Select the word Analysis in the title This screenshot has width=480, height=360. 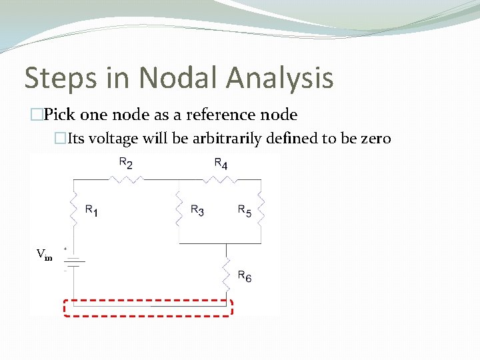(279, 78)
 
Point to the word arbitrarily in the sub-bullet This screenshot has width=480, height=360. (226, 139)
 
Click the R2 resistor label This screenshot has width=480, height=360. (125, 163)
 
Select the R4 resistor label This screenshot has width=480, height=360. (221, 163)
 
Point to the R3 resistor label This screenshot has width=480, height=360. (197, 210)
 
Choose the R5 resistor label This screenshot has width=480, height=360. (245, 210)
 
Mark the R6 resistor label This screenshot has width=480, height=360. (245, 277)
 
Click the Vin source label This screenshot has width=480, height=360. (44, 254)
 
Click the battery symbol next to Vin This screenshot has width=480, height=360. (73, 262)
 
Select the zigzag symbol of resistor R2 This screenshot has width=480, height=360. (125, 179)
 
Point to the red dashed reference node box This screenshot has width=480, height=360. (148, 307)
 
